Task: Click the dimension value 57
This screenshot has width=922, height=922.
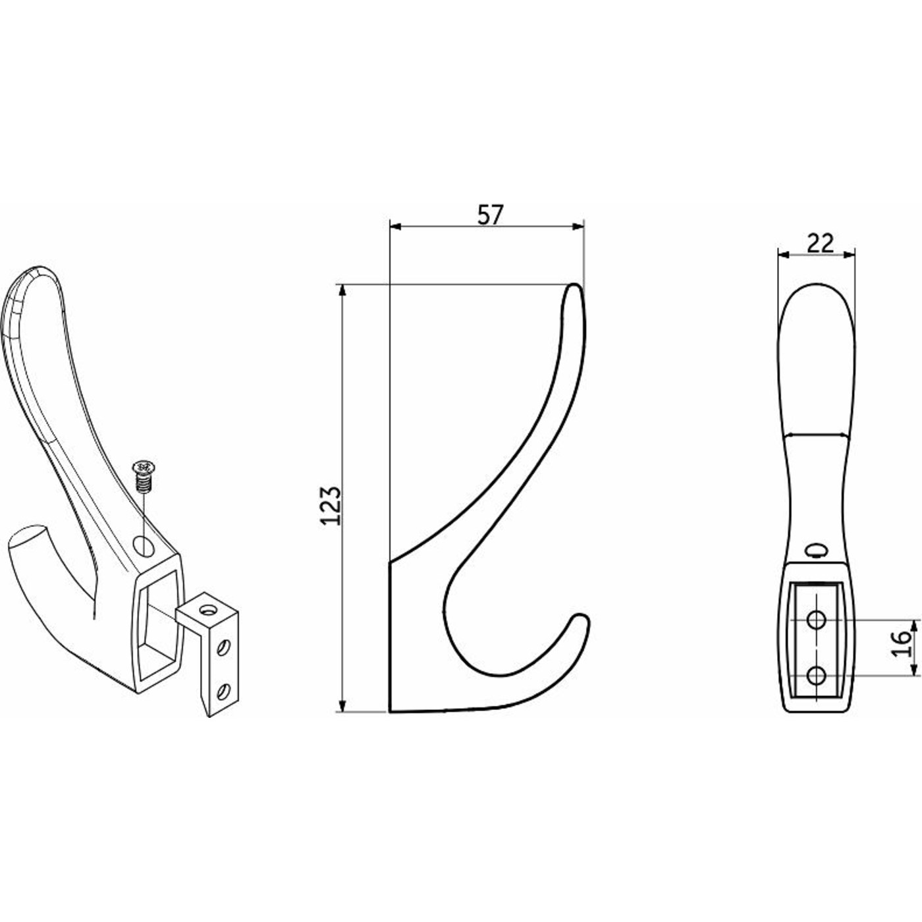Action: click(491, 215)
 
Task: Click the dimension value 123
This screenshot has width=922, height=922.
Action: click(331, 506)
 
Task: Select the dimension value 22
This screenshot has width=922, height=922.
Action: click(821, 244)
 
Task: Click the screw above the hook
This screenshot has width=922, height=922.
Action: click(141, 477)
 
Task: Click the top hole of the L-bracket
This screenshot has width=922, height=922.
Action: click(207, 610)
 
